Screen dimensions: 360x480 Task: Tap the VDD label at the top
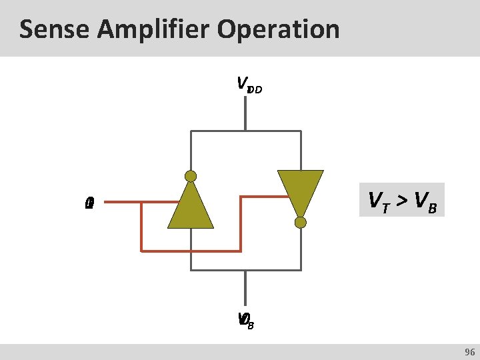[x=249, y=85]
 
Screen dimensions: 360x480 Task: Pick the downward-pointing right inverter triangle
[x=301, y=190]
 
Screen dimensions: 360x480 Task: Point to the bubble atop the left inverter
[x=191, y=176]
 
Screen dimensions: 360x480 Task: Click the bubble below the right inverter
[x=301, y=223]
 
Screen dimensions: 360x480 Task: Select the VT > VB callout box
[x=401, y=199]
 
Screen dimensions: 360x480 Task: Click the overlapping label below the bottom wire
[x=245, y=320]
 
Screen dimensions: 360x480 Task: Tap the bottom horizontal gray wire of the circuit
[x=245, y=270]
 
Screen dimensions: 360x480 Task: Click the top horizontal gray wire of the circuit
[x=245, y=131]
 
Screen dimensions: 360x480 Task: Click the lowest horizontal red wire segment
[x=191, y=251]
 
